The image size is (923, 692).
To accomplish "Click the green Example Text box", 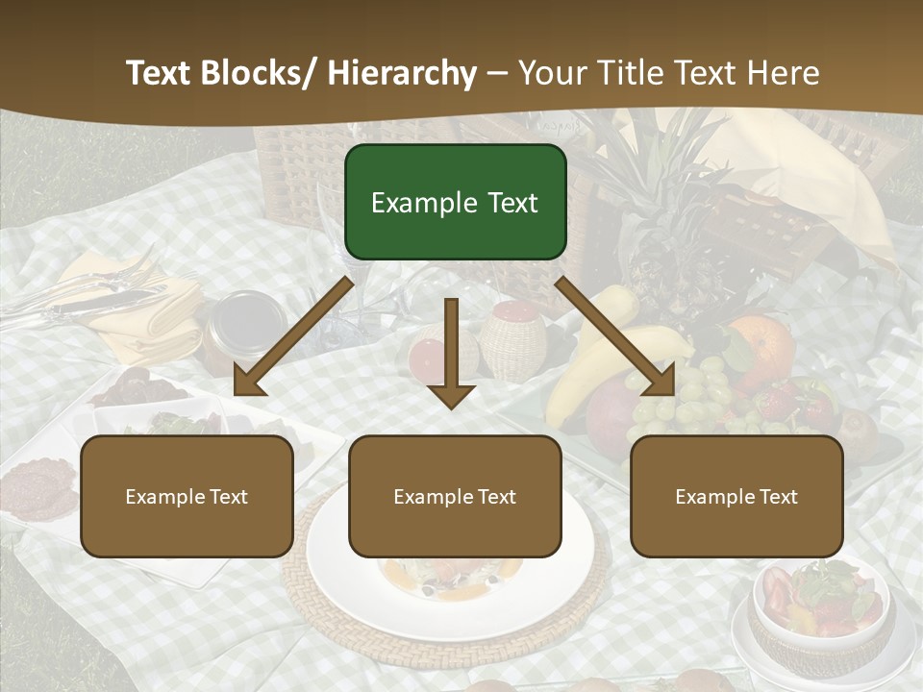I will pos(455,202).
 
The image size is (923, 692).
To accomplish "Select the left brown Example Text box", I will pos(187,496).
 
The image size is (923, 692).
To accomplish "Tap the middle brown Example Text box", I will pos(455,496).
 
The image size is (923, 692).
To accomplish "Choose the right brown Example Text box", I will pos(736,496).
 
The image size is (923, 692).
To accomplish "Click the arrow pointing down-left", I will pos(293,336).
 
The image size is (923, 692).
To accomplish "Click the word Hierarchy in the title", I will pos(402,73).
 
